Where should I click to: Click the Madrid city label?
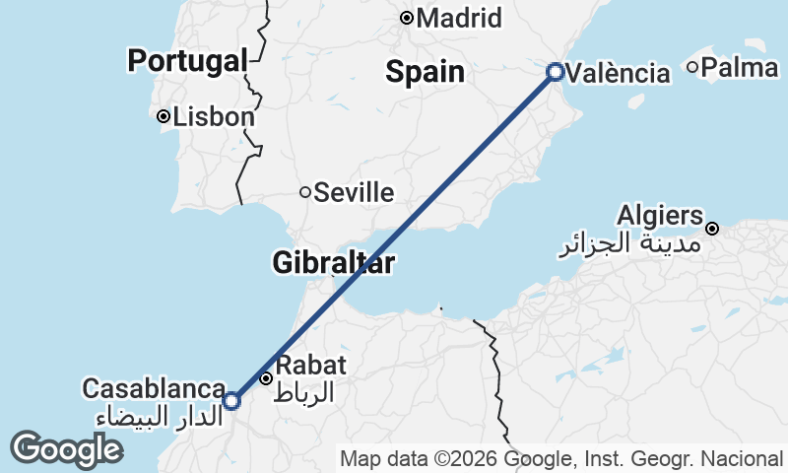(x=459, y=18)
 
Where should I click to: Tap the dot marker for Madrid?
(x=407, y=18)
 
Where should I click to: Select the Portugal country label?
(x=187, y=61)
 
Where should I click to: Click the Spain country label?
(x=425, y=71)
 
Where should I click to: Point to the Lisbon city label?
(x=214, y=116)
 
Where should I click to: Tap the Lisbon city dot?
(x=164, y=116)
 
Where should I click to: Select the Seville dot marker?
(x=306, y=192)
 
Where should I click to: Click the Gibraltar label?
(x=334, y=263)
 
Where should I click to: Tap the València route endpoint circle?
(x=556, y=72)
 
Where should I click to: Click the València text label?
(x=620, y=73)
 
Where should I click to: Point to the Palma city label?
(x=742, y=67)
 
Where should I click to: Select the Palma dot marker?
(x=693, y=67)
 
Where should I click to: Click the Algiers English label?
(x=661, y=216)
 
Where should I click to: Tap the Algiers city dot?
(x=712, y=229)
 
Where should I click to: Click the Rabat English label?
(x=310, y=365)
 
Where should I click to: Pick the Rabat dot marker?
(x=266, y=378)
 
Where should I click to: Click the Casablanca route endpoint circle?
(x=231, y=401)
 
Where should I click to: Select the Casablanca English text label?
(x=154, y=389)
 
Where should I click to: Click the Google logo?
(x=66, y=449)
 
